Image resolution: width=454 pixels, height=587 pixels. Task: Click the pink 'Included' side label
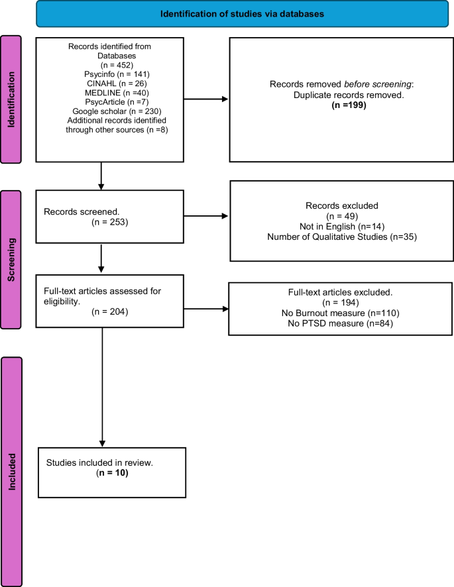12,471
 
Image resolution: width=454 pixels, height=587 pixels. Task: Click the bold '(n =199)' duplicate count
337,105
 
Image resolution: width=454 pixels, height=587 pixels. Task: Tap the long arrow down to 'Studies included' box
102,384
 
